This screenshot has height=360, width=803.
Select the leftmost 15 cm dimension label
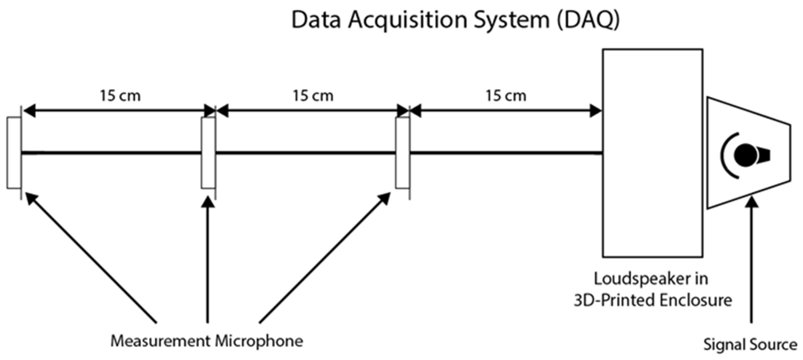pyautogui.click(x=120, y=95)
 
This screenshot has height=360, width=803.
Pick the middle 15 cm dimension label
pyautogui.click(x=313, y=95)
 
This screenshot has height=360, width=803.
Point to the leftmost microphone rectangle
pyautogui.click(x=14, y=153)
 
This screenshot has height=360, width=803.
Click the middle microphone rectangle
pyautogui.click(x=208, y=153)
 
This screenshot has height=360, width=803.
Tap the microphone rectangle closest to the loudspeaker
pyautogui.click(x=403, y=153)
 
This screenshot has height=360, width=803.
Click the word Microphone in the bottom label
pyautogui.click(x=259, y=341)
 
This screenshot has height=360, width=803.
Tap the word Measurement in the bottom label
pyautogui.click(x=160, y=341)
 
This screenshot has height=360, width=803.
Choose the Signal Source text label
pyautogui.click(x=750, y=345)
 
